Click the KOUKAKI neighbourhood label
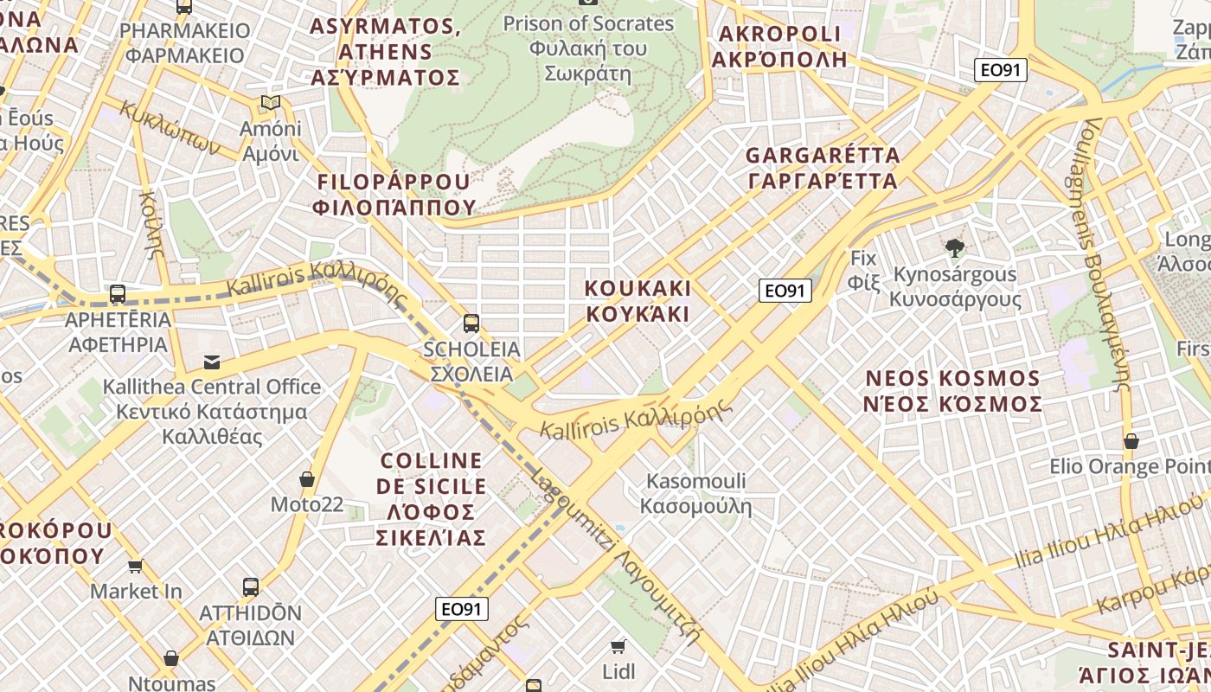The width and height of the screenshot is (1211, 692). (x=638, y=300)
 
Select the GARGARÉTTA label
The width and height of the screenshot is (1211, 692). (x=823, y=168)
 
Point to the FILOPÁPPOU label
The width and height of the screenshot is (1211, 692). (x=395, y=194)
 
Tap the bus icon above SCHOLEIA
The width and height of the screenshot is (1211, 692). (x=471, y=324)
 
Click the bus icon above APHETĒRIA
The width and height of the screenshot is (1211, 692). (x=118, y=294)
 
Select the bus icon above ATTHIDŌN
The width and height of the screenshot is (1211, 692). (x=251, y=587)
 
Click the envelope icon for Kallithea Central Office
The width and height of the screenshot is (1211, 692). (x=212, y=362)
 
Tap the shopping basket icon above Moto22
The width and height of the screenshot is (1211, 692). (x=307, y=479)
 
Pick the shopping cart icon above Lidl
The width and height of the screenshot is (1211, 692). (x=618, y=647)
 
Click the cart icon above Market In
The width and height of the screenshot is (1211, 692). (x=136, y=567)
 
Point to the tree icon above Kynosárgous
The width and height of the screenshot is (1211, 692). (x=954, y=249)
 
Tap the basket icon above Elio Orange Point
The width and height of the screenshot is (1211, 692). (x=1131, y=441)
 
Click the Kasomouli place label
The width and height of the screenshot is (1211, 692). (x=696, y=493)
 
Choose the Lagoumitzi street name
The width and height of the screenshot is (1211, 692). (x=615, y=557)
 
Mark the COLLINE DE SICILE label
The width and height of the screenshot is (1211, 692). (x=431, y=499)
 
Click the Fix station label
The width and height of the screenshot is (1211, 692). (x=862, y=269)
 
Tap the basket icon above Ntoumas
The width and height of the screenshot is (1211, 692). (x=171, y=659)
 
